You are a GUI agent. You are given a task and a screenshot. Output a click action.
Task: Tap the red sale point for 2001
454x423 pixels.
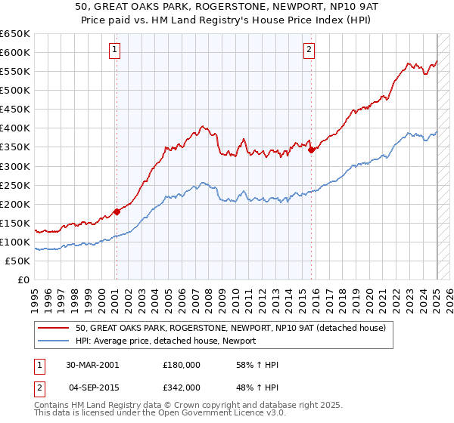pos(117,211)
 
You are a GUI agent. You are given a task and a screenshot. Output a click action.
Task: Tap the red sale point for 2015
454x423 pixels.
pos(311,150)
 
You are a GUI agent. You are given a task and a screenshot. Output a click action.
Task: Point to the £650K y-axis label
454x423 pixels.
pos(15,34)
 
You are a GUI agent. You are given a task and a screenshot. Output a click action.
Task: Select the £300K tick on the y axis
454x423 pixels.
pos(15,166)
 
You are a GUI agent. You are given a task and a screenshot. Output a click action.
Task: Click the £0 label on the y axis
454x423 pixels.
pos(23,279)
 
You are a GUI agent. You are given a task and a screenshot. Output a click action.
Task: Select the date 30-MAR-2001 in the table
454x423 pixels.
pos(92,365)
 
